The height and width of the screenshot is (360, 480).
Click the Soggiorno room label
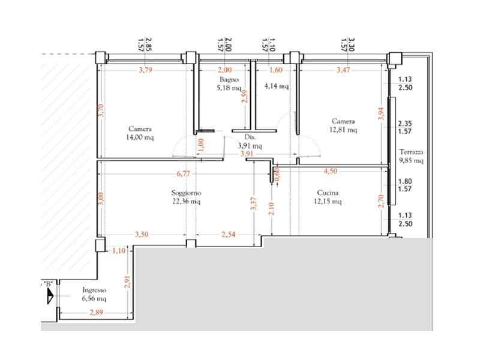[x=185, y=193]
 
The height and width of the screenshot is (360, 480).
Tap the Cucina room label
[x=328, y=193]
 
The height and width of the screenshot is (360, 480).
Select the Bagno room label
[x=229, y=79]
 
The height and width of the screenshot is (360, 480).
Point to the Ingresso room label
[x=94, y=290]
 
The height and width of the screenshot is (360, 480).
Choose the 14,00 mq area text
[x=140, y=137]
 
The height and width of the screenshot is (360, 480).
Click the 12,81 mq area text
[x=343, y=129]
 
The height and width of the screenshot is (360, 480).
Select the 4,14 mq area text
[x=276, y=86]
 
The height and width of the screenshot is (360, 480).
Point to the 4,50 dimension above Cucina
[x=331, y=170]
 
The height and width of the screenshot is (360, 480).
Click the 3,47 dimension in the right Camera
[x=344, y=70]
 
